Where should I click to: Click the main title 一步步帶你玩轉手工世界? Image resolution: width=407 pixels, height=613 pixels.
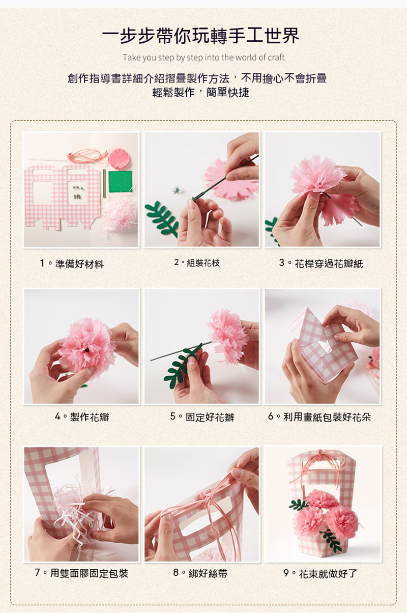(201, 36)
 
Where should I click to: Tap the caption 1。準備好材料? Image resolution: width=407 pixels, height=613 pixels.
(72, 264)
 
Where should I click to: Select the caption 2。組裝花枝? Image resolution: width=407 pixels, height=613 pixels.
(197, 263)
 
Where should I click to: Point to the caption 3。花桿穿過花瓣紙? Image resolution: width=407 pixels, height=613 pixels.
(321, 264)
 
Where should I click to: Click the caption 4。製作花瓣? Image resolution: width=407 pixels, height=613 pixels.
(82, 417)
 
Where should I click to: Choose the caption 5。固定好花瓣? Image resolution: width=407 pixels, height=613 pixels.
(202, 417)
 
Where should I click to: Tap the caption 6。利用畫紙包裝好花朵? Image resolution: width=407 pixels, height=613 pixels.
(319, 417)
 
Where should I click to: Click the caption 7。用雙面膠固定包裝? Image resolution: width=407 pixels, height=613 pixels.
(81, 573)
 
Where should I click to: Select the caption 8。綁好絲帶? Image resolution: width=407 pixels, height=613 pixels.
(200, 573)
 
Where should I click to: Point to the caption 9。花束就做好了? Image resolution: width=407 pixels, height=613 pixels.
(320, 573)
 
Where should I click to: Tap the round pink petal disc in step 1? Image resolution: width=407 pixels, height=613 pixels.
(119, 159)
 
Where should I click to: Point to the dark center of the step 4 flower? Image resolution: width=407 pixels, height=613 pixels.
(87, 350)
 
